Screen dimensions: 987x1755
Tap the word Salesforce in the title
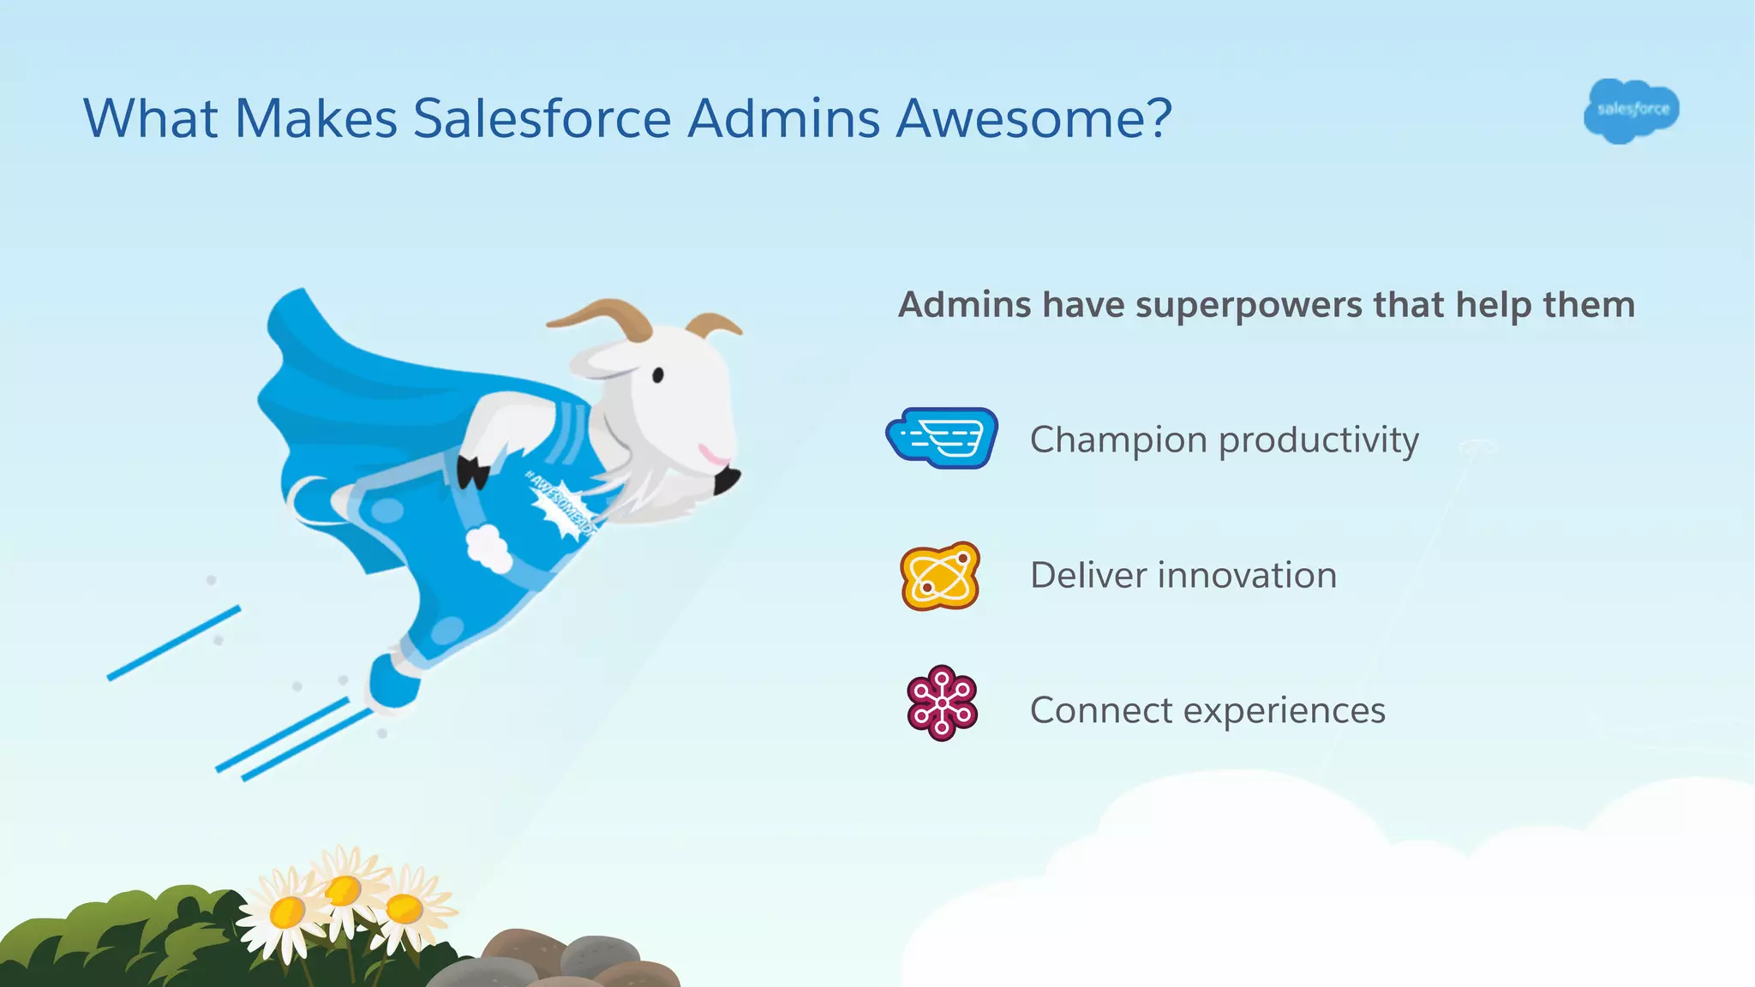pyautogui.click(x=542, y=118)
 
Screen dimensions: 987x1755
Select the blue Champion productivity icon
pyautogui.click(x=942, y=438)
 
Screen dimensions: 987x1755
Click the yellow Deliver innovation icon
pyautogui.click(x=940, y=576)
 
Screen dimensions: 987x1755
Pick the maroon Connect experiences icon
pyautogui.click(x=942, y=703)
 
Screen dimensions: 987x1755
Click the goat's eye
pyautogui.click(x=658, y=374)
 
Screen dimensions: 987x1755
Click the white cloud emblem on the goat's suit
pyautogui.click(x=489, y=548)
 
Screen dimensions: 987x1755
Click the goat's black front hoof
pyautogui.click(x=472, y=472)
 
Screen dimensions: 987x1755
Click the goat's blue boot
pyautogui.click(x=394, y=681)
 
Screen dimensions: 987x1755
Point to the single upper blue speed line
pyautogui.click(x=173, y=643)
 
